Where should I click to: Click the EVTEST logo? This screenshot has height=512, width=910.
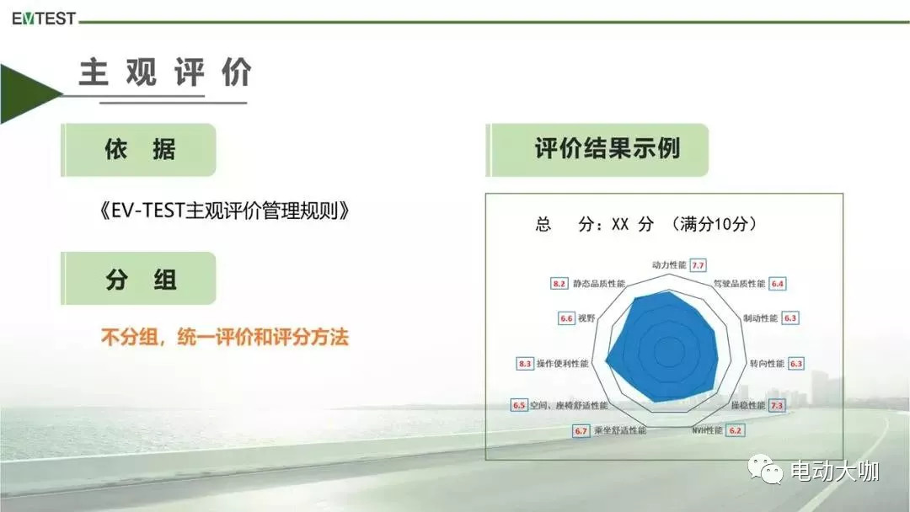click(x=44, y=19)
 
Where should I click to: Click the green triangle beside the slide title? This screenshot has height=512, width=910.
click(x=29, y=93)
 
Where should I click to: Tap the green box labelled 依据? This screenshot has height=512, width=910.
click(x=139, y=150)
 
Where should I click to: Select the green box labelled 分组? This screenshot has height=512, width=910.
click(x=139, y=279)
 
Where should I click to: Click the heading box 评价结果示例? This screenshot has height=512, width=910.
click(x=597, y=150)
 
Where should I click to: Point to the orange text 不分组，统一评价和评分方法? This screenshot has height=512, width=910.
click(x=225, y=337)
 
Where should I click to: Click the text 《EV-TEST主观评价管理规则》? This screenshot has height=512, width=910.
click(x=225, y=211)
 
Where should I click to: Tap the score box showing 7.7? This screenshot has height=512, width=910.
click(x=698, y=265)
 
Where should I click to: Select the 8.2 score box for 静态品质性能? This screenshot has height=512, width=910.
click(x=559, y=284)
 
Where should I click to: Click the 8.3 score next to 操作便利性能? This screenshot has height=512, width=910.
click(x=525, y=364)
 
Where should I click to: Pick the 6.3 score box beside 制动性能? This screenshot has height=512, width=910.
click(x=790, y=318)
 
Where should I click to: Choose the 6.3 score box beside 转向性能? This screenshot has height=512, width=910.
click(x=795, y=364)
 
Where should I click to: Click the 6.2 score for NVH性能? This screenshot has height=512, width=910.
click(x=735, y=430)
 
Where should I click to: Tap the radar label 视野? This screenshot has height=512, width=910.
click(x=586, y=318)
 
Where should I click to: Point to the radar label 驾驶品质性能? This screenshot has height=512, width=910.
click(x=739, y=284)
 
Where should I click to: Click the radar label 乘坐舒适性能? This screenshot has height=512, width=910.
click(x=620, y=430)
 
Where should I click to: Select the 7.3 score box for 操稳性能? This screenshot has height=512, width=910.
click(x=777, y=405)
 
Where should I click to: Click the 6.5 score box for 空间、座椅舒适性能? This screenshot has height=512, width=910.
click(x=519, y=405)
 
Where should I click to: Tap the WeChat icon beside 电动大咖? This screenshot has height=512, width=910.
click(x=765, y=469)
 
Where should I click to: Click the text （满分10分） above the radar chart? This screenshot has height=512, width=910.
click(x=714, y=224)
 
